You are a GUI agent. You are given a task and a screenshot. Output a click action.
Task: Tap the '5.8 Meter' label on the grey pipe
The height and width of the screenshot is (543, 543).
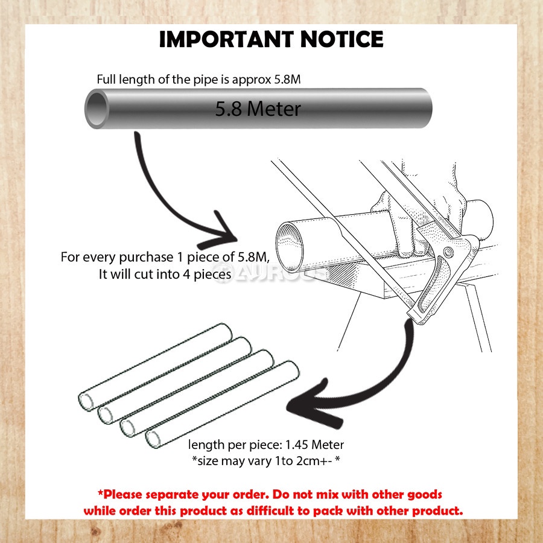point(258,109)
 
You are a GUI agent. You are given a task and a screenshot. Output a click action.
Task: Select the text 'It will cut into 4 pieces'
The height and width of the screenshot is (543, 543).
point(165,275)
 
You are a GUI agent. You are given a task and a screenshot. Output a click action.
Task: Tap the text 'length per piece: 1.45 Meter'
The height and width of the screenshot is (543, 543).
point(266,445)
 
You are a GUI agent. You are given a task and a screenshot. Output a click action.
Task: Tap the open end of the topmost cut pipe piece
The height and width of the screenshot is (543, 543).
point(87,400)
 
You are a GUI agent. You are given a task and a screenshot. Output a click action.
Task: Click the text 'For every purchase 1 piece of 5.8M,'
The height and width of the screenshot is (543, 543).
point(165,257)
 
